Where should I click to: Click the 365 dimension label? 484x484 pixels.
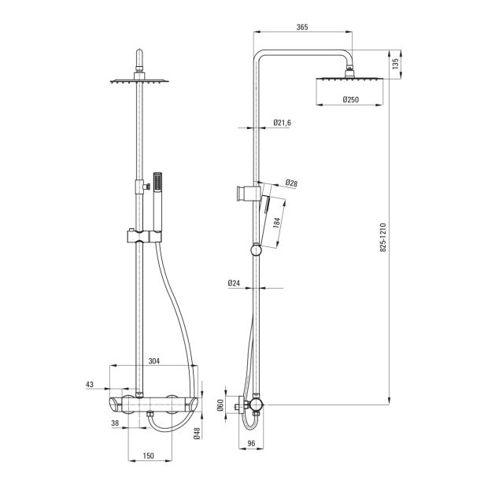click(302, 28)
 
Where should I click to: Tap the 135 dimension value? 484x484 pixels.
click(395, 64)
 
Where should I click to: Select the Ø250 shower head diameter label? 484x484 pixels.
click(351, 99)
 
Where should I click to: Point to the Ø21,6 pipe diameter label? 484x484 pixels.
click(282, 123)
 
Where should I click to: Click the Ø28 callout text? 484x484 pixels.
click(291, 183)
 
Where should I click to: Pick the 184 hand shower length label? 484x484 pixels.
click(276, 223)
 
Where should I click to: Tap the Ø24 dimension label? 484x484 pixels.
click(234, 283)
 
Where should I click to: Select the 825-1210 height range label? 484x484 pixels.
click(382, 238)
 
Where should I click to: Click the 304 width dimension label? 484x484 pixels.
click(154, 361)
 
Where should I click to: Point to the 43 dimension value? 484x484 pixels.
click(90, 384)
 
